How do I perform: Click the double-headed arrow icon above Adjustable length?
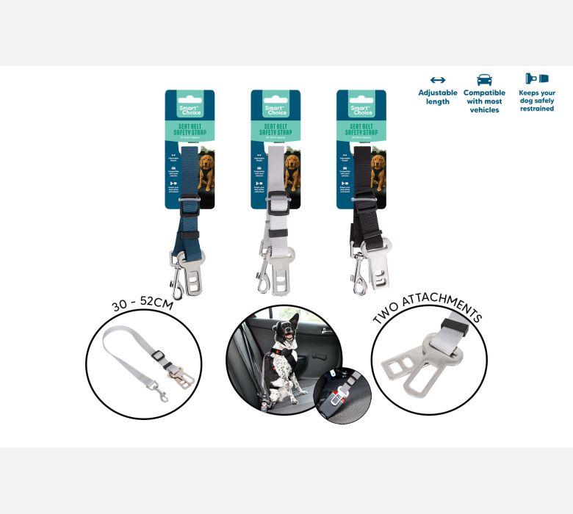(x=438, y=80)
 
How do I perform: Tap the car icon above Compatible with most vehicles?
(x=484, y=79)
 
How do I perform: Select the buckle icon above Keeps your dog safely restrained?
(x=536, y=79)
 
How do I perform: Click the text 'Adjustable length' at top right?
(x=438, y=97)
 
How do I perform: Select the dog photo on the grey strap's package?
(x=292, y=173)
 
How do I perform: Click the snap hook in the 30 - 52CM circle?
(x=159, y=397)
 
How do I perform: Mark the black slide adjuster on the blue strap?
(x=188, y=235)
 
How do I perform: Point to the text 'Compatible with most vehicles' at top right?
(x=484, y=101)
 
